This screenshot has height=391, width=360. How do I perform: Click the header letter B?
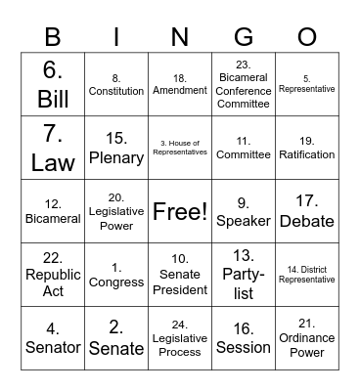point(53,37)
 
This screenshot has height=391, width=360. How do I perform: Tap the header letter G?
point(244,37)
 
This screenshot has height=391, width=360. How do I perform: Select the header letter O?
point(307,37)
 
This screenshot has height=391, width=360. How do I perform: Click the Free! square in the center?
point(180,211)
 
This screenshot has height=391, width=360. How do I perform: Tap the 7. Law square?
point(53,147)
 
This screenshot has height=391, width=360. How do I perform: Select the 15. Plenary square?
point(116,147)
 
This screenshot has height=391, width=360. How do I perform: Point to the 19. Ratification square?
point(307,147)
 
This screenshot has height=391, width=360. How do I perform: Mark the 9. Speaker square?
point(244,211)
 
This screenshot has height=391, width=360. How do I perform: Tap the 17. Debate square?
point(307,211)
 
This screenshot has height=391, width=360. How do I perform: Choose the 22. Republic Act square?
point(53,275)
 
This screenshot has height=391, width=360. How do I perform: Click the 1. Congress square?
point(116,275)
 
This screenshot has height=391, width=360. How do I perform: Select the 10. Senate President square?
point(180,275)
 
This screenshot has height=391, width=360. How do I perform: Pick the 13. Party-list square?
point(244,275)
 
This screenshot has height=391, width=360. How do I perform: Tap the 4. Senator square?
point(53,338)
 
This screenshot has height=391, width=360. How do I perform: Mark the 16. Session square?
point(244,338)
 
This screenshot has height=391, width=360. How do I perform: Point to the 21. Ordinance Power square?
point(307,338)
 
